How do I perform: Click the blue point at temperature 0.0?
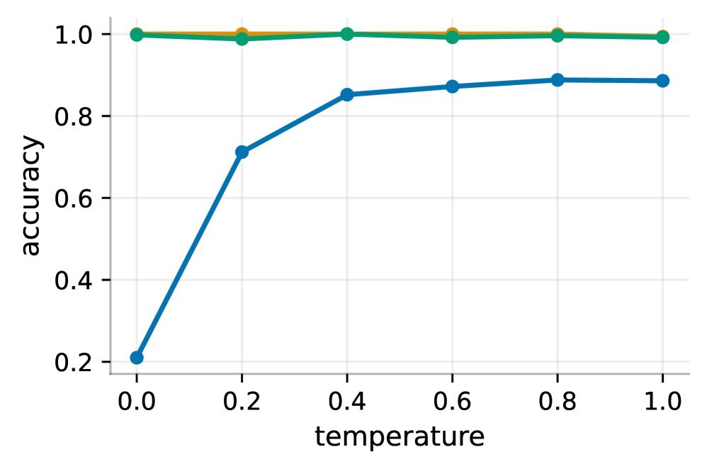tap(137, 358)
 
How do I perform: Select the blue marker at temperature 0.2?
tap(242, 152)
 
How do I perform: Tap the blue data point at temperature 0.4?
tap(347, 94)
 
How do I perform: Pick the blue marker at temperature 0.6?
tap(452, 86)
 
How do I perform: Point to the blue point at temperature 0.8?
tap(558, 80)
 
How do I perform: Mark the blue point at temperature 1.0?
tap(662, 81)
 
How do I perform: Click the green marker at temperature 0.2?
tap(242, 38)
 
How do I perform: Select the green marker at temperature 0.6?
tap(452, 37)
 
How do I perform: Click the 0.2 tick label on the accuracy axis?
tap(73, 362)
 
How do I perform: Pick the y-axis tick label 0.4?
tap(73, 281)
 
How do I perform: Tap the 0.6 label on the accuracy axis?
tap(73, 198)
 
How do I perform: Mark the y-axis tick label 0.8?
tap(73, 116)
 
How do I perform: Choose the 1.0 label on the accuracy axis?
tap(73, 35)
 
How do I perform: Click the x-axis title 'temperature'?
tap(400, 437)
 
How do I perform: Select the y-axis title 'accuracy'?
tap(30, 196)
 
